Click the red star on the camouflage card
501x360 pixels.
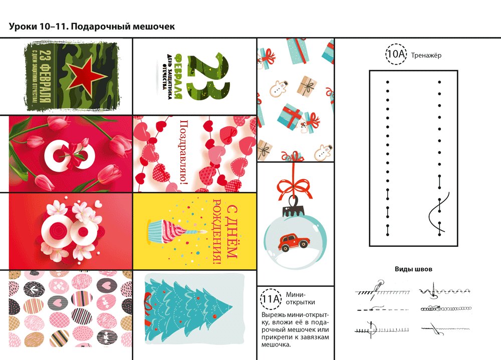click(x=79, y=75)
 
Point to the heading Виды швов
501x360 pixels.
click(x=413, y=269)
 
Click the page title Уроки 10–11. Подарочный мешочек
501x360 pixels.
click(x=92, y=27)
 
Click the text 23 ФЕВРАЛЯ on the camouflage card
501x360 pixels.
click(x=45, y=76)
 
